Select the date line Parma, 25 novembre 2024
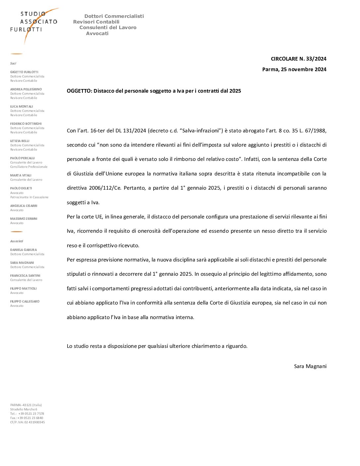pyautogui.click(x=294, y=70)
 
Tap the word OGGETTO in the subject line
pyautogui.click(x=79, y=91)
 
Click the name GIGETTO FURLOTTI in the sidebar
pyautogui.click(x=24, y=72)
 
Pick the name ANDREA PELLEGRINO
pyautogui.click(x=26, y=89)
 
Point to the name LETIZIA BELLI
pyautogui.click(x=20, y=141)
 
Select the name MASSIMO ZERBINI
pyautogui.click(x=24, y=219)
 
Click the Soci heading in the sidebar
pyautogui.click(x=13, y=64)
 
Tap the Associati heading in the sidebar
pyautogui.click(x=17, y=241)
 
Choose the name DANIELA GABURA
pyautogui.click(x=23, y=250)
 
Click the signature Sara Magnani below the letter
pyautogui.click(x=310, y=366)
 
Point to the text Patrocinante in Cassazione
pyautogui.click(x=29, y=197)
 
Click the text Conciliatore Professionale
pyautogui.click(x=29, y=167)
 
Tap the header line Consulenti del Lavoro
pyautogui.click(x=108, y=27)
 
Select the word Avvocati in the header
pyautogui.click(x=97, y=33)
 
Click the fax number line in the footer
pyautogui.click(x=26, y=418)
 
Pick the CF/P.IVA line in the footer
pyautogui.click(x=27, y=422)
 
